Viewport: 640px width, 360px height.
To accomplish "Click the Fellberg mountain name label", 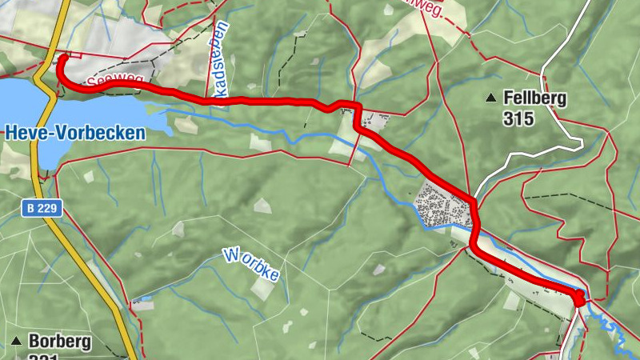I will (x=535, y=98).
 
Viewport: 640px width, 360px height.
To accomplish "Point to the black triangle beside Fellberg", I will (x=490, y=98).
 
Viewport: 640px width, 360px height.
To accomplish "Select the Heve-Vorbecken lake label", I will (x=75, y=133).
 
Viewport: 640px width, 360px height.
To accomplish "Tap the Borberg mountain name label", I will (x=59, y=342).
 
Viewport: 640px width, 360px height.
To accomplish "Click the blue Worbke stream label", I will (x=252, y=265).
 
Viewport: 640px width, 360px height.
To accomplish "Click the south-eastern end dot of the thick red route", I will (x=578, y=300).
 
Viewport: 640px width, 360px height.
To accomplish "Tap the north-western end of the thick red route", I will (x=62, y=58).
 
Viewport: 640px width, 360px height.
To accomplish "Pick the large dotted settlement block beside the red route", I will (x=442, y=206).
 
